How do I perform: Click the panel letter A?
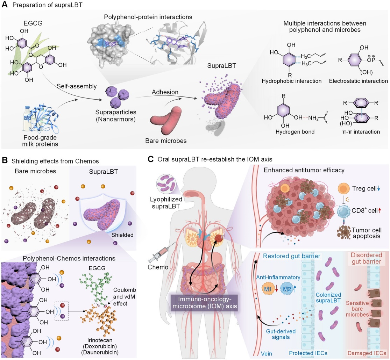point(5,5)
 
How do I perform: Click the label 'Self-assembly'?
point(77,86)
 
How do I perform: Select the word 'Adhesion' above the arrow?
point(165,92)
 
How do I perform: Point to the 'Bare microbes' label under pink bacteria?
point(166,141)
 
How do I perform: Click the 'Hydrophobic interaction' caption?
point(291,81)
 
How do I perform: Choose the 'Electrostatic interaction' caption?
point(359,81)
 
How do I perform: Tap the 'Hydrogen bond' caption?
point(295,132)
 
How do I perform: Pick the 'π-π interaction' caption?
point(361,132)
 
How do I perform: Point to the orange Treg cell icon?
point(344,189)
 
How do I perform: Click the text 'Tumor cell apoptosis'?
point(367,233)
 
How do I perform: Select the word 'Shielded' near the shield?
point(122,235)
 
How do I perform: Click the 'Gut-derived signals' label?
point(281,334)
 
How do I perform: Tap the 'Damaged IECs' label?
point(367,353)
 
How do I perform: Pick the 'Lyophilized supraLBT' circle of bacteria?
point(166,185)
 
